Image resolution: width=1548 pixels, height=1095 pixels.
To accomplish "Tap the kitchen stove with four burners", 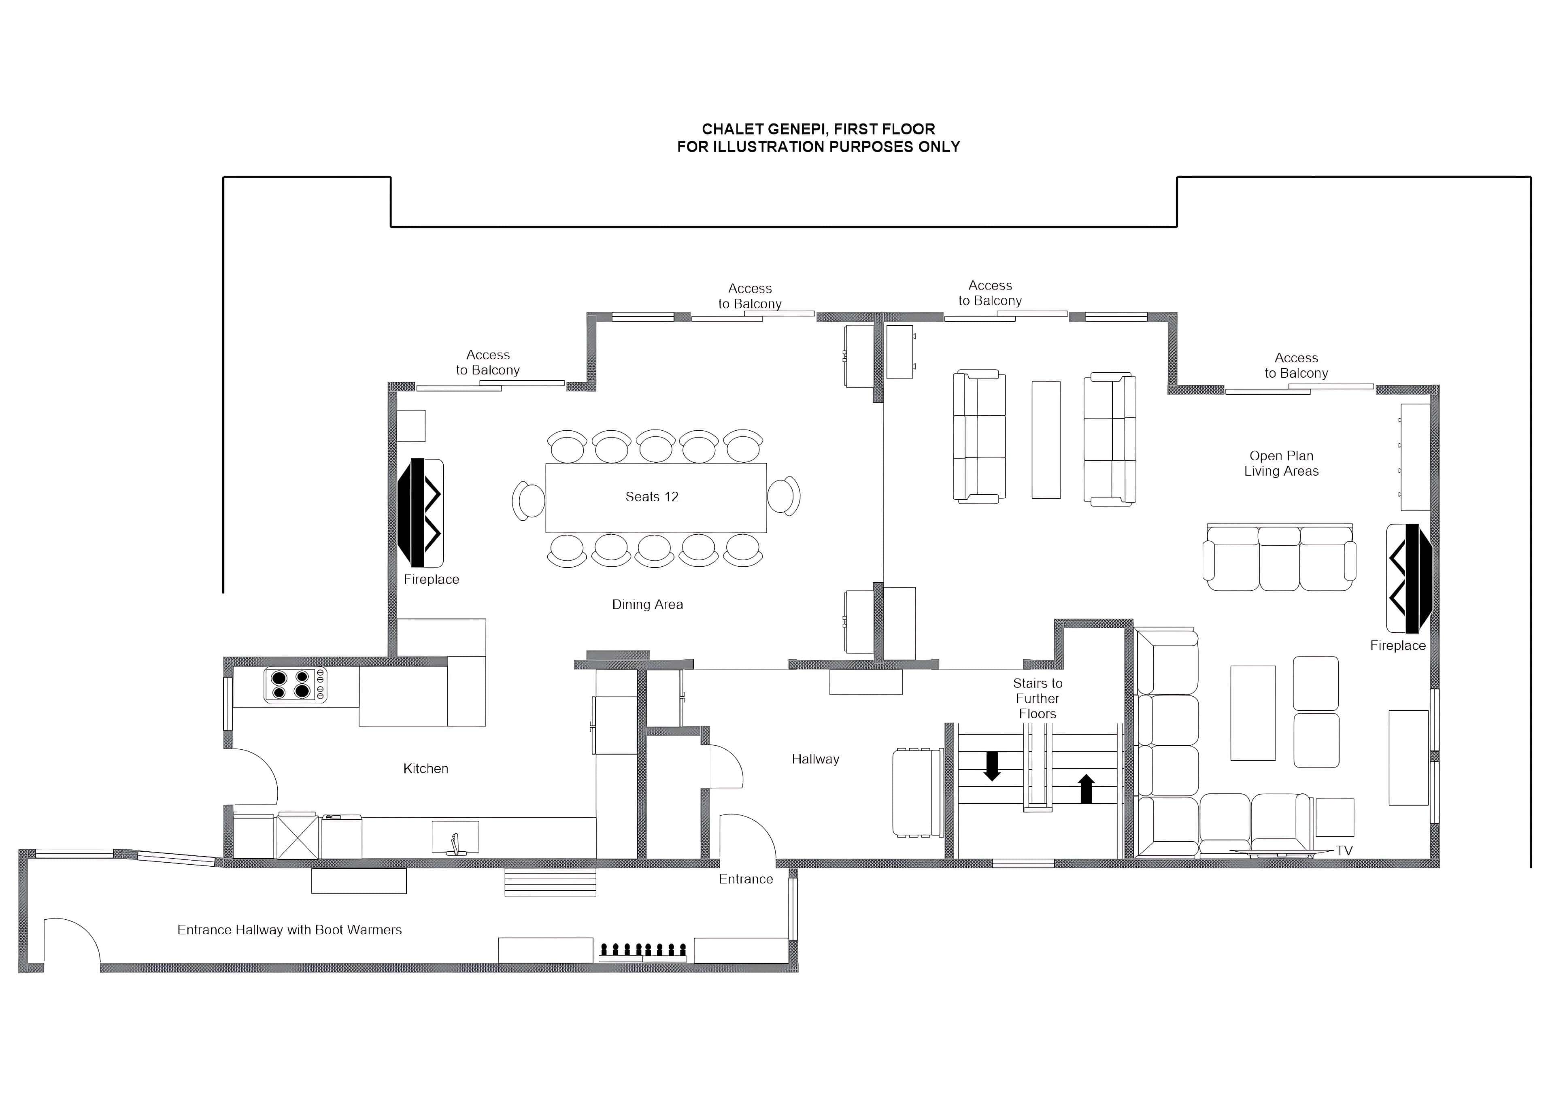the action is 295,685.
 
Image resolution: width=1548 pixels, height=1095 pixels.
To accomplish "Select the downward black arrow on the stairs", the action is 992,766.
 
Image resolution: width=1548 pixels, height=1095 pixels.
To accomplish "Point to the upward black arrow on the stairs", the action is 1086,788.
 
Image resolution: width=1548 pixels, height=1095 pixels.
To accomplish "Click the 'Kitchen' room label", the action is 425,769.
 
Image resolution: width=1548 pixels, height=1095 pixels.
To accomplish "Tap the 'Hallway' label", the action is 815,759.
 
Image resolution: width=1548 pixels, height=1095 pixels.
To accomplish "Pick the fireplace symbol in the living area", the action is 1408,578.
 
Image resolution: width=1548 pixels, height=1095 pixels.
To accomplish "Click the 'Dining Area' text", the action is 647,605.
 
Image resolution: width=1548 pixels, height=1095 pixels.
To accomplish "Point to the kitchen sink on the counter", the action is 455,838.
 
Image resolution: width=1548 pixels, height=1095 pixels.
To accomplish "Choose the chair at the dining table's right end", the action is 783,496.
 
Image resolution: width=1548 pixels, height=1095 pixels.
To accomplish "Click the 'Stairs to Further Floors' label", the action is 1038,699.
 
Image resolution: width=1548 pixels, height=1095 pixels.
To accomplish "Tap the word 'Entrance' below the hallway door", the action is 746,879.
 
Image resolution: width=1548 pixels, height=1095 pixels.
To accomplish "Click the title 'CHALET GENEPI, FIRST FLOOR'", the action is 819,129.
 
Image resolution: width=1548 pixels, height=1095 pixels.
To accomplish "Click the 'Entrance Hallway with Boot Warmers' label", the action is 289,930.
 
